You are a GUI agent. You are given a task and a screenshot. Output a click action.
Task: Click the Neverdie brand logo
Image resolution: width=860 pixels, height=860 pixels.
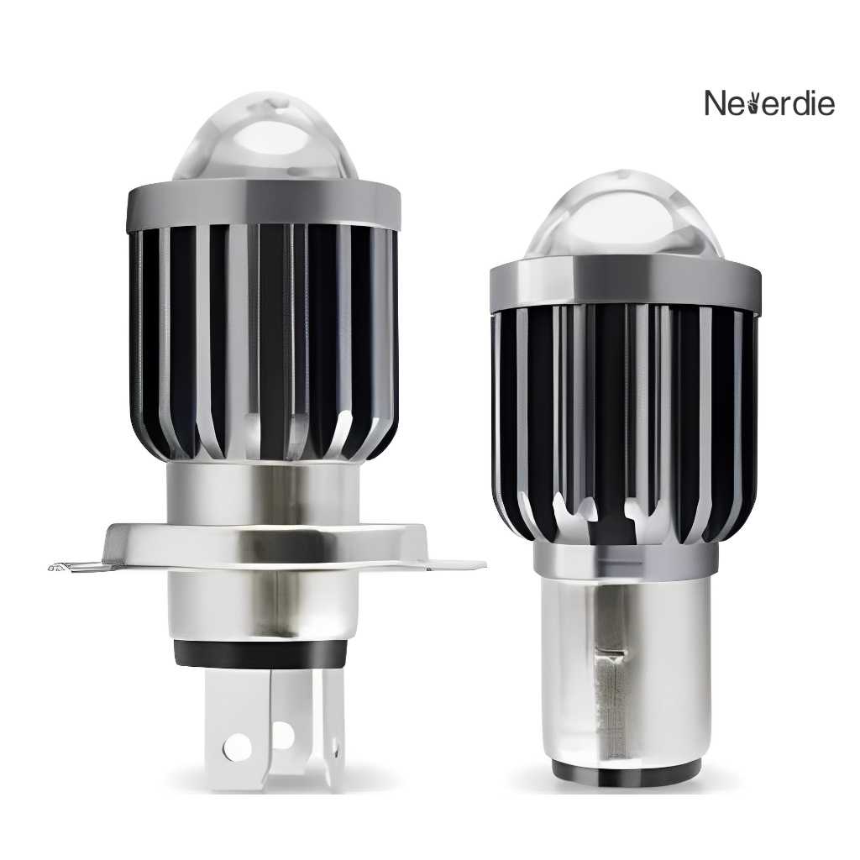(x=768, y=103)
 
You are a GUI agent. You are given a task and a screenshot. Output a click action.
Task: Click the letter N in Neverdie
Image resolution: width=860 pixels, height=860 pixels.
(x=716, y=103)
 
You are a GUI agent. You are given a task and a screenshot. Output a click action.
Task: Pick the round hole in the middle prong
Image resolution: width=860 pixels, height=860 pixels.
(x=283, y=736)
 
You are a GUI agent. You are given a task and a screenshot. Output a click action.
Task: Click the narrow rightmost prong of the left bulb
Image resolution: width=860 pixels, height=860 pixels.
(x=336, y=731)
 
